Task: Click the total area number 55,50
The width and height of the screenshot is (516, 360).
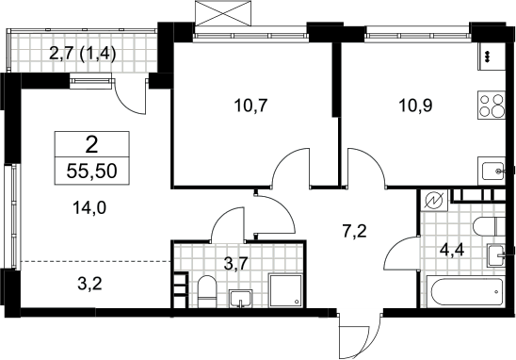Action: coord(92,172)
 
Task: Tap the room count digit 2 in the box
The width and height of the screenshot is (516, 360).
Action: coord(92,145)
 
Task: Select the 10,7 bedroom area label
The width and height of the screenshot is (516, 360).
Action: coord(250,106)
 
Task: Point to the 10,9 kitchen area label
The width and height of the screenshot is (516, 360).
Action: coord(415,106)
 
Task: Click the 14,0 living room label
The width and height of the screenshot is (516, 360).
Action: coord(89,208)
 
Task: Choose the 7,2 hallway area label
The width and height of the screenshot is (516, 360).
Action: coord(354,231)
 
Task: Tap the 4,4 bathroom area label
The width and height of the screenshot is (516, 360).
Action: coord(452,251)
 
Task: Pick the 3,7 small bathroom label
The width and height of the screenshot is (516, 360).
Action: coord(235,264)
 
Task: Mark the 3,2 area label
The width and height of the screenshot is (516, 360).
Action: coord(89,284)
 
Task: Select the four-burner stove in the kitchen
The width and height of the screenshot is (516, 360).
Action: coord(492,106)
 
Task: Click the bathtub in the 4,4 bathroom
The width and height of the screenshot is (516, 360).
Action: coord(465,291)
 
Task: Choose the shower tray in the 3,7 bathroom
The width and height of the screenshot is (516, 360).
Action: coord(285,290)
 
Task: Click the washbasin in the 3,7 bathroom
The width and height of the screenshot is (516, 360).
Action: coord(241,299)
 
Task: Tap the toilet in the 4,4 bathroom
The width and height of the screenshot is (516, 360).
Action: coord(489,226)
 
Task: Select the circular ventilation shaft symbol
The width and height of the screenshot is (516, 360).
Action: coord(433,201)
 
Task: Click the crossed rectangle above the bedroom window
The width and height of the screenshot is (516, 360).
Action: coord(223,13)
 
